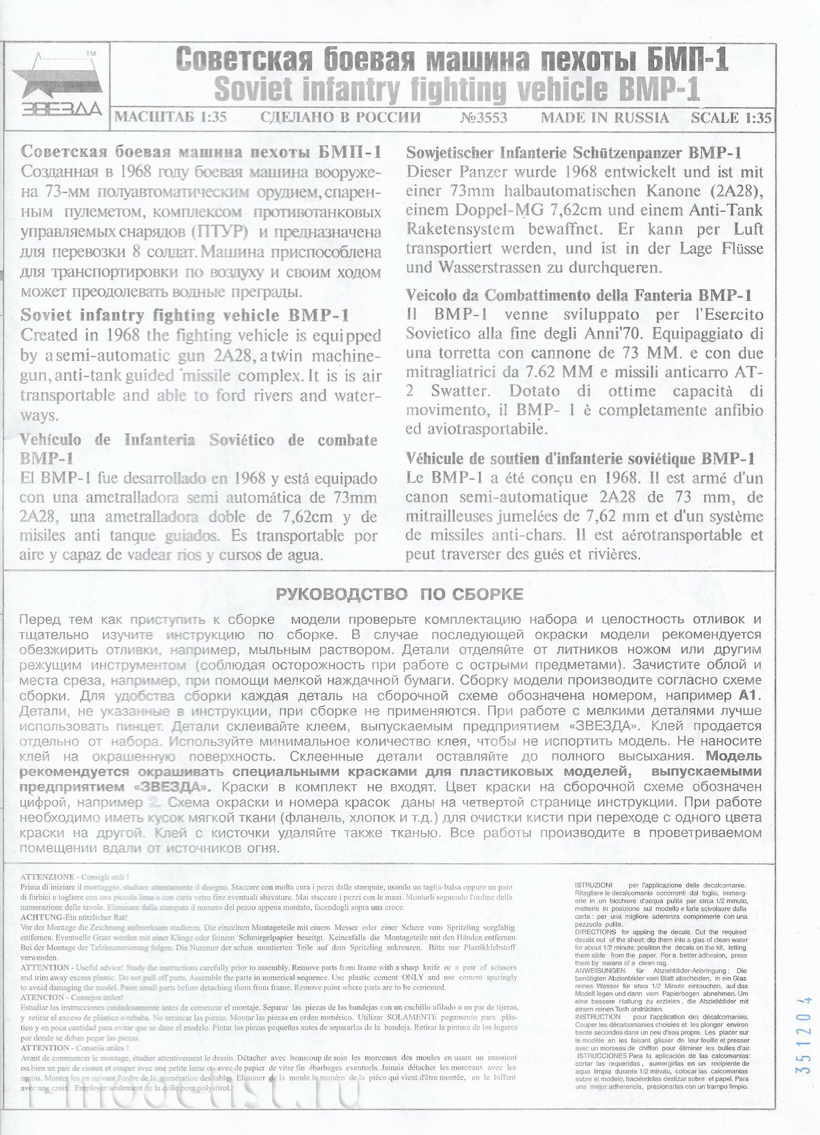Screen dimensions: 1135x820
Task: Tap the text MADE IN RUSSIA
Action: click(605, 118)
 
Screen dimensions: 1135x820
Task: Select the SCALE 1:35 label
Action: click(731, 118)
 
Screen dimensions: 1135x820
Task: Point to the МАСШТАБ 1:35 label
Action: click(171, 117)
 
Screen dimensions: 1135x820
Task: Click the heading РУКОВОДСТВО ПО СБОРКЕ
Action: click(399, 594)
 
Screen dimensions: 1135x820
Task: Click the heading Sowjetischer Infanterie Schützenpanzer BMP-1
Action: click(574, 153)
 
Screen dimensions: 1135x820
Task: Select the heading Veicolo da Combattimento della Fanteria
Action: click(579, 296)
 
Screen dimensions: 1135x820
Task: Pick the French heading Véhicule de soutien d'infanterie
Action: click(580, 459)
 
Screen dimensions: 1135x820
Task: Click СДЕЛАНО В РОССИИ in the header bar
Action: click(340, 117)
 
